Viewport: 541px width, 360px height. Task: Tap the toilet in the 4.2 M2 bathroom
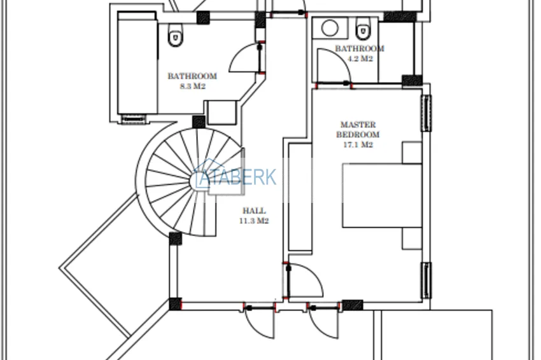point(362,28)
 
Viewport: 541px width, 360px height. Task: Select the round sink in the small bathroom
point(330,28)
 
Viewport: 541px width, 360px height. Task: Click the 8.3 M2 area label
point(192,87)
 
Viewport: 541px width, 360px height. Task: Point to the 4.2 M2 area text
point(360,59)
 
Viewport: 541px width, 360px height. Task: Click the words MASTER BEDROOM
point(358,129)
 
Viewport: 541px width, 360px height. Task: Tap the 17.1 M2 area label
point(358,145)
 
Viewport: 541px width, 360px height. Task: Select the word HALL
point(254,211)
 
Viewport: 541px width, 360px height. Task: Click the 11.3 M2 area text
point(254,221)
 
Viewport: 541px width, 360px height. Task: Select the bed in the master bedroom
point(383,195)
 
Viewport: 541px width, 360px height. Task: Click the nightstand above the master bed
point(412,152)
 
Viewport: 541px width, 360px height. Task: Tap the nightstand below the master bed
point(412,239)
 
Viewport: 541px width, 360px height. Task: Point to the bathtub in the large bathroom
point(137,63)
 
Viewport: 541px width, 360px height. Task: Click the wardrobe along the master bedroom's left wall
point(300,197)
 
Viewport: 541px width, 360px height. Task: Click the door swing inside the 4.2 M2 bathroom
point(334,66)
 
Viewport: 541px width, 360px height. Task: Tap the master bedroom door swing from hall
point(305,280)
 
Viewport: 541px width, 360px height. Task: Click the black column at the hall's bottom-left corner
point(175,304)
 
